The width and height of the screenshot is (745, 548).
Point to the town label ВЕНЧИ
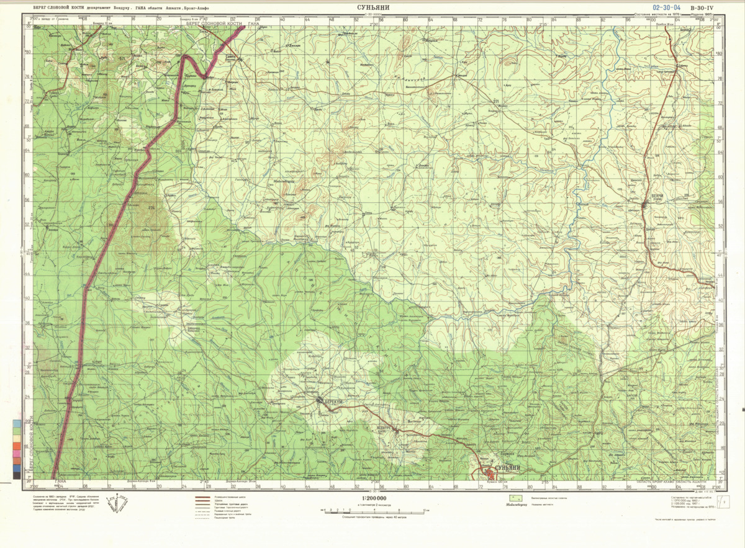coord(657,197)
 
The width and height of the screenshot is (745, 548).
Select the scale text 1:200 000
coord(373,498)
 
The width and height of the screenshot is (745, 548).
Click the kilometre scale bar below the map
coord(373,510)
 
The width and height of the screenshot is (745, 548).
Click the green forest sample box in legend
coord(513,498)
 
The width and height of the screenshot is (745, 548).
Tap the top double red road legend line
coord(201,498)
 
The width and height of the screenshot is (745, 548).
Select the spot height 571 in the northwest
coord(122,58)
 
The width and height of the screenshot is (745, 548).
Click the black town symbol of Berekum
coord(320,402)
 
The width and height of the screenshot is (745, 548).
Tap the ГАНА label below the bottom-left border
coord(60,482)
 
